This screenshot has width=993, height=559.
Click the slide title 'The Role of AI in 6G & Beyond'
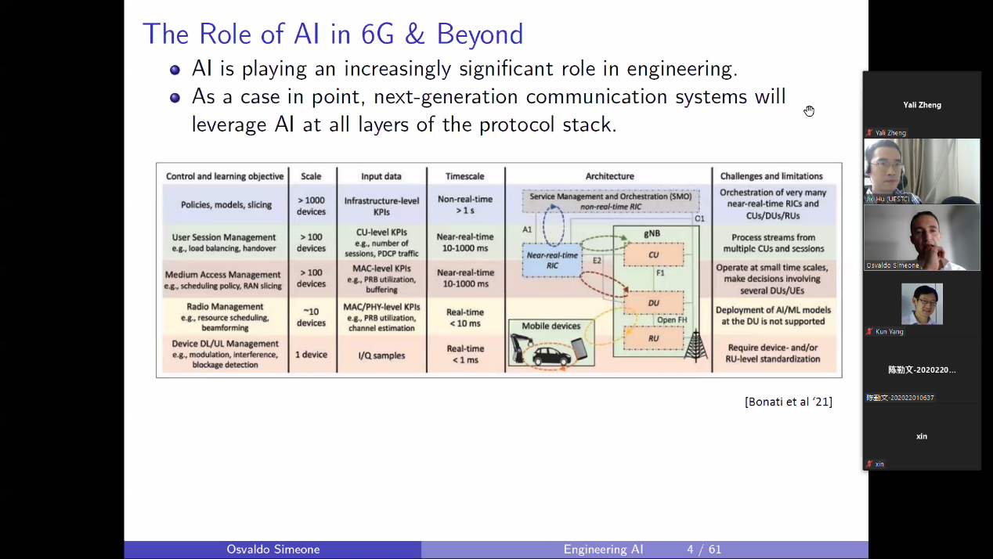click(333, 34)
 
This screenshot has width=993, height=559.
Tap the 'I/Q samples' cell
click(381, 355)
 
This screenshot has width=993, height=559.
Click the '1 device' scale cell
click(311, 355)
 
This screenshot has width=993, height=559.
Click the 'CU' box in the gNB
click(653, 254)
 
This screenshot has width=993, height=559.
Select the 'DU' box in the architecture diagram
click(653, 302)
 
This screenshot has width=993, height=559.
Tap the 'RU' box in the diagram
click(653, 338)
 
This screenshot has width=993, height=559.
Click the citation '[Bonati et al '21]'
click(788, 402)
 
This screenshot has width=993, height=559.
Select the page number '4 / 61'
click(704, 550)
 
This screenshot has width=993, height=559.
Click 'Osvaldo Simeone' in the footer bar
click(273, 550)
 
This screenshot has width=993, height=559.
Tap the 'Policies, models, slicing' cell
click(226, 205)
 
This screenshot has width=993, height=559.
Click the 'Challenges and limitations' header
click(771, 176)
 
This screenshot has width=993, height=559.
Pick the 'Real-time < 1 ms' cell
click(465, 354)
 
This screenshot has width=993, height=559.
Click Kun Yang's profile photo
click(922, 304)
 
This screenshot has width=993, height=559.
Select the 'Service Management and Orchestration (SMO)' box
click(611, 201)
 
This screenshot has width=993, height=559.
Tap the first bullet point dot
click(175, 70)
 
